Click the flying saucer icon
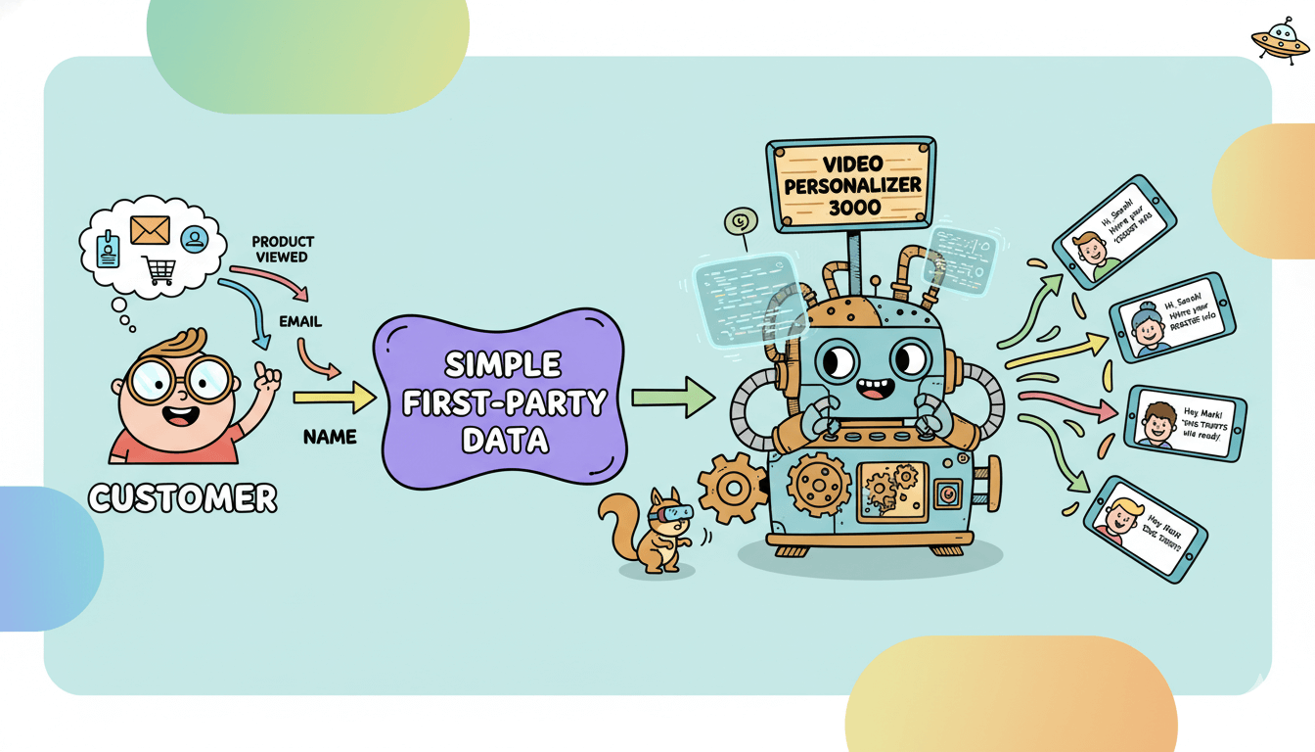pyautogui.click(x=1279, y=41)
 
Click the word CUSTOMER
pyautogui.click(x=183, y=497)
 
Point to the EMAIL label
pyautogui.click(x=299, y=321)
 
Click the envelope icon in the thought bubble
pyautogui.click(x=149, y=229)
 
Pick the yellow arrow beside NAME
pyautogui.click(x=334, y=397)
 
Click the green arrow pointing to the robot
pyautogui.click(x=673, y=397)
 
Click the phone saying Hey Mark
pyautogui.click(x=1185, y=422)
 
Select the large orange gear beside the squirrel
pyautogui.click(x=733, y=487)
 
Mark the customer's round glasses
pyautogui.click(x=180, y=377)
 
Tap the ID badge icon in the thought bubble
pyautogui.click(x=109, y=249)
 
